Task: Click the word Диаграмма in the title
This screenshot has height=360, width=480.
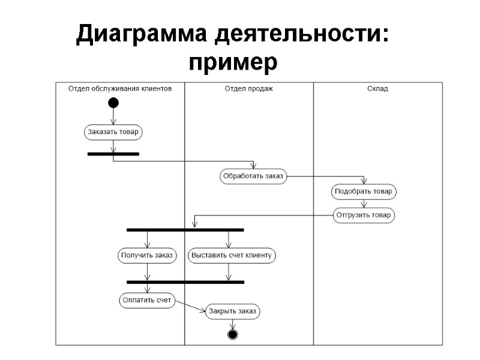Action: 142,35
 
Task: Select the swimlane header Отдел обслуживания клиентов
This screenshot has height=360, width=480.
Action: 120,88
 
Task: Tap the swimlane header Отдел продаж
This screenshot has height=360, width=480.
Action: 249,88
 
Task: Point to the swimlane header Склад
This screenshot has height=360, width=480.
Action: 377,88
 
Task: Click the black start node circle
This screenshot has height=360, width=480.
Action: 113,103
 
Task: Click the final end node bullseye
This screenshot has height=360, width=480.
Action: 233,334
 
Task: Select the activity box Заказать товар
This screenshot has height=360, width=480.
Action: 113,132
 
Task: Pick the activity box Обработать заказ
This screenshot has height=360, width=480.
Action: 253,176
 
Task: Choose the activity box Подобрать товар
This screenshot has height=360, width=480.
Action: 364,192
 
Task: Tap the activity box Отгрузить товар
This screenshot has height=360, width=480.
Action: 364,215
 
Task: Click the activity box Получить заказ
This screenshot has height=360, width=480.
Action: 146,255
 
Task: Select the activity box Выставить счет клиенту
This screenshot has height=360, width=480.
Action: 232,255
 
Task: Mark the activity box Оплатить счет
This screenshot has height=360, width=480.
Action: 147,300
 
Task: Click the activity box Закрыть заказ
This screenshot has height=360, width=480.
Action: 233,311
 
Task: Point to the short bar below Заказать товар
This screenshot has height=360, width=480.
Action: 113,154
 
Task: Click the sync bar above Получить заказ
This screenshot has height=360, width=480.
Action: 185,230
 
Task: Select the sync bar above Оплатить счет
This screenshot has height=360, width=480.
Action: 185,281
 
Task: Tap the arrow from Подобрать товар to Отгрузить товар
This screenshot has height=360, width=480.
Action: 364,203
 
